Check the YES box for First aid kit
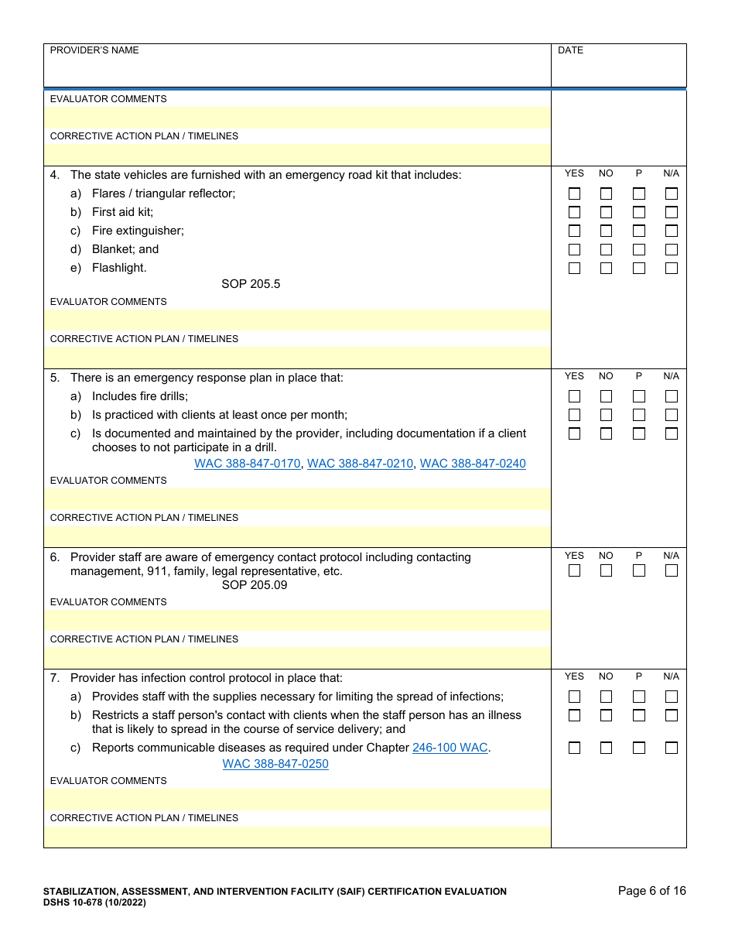tap(574, 212)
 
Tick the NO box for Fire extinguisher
tap(606, 231)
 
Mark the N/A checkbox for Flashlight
tap(671, 268)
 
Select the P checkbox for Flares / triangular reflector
tap(638, 193)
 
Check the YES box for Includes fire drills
tap(574, 396)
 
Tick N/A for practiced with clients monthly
tap(671, 415)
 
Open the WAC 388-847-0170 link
tap(247, 464)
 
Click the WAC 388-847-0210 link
tap(360, 464)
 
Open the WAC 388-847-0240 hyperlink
tap(473, 464)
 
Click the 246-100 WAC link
tap(450, 748)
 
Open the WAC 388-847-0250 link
tap(275, 764)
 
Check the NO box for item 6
tap(606, 570)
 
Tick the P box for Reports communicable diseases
tap(638, 748)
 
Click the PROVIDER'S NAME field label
tap(94, 50)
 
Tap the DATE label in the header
tap(571, 50)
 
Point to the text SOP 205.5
tap(251, 284)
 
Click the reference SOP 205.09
tap(255, 585)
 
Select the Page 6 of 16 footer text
tap(651, 891)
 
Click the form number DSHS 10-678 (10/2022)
tap(94, 902)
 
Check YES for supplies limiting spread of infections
tap(574, 697)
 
